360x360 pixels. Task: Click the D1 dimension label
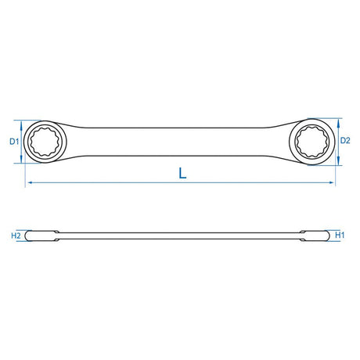tap(14, 142)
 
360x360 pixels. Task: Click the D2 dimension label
tap(345, 141)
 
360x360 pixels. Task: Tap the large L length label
tap(182, 173)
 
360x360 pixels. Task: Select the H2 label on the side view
tap(16, 236)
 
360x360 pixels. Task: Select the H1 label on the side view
tap(340, 236)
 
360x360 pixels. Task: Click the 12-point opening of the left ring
tap(45, 142)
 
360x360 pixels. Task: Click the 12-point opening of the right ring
tap(312, 142)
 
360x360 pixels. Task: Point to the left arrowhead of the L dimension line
tap(30, 182)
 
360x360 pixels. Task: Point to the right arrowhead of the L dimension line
tap(332, 182)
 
